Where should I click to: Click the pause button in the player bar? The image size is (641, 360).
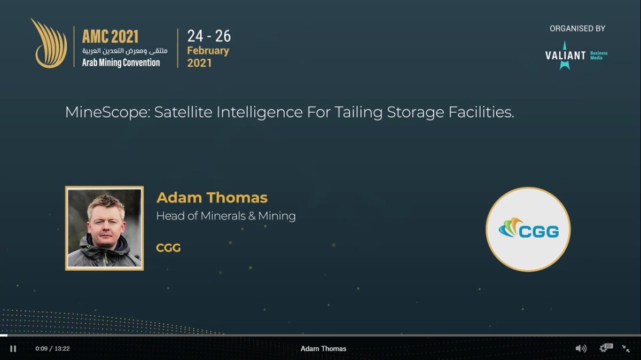(x=13, y=349)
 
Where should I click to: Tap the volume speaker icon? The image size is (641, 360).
(x=581, y=348)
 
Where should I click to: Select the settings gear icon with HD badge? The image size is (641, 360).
(x=606, y=348)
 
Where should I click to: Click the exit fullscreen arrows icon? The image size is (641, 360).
(x=626, y=348)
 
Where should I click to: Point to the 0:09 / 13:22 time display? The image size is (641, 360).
(x=52, y=349)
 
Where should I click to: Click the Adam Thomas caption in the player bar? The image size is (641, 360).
(x=323, y=349)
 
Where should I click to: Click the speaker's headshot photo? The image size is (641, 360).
(x=105, y=228)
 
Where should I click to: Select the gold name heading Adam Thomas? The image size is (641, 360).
(x=212, y=198)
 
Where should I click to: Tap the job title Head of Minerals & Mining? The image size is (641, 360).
(x=225, y=216)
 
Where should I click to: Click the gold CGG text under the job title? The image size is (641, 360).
(x=168, y=248)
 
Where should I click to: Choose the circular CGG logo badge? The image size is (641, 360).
(x=528, y=229)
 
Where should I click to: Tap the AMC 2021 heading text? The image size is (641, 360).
(x=110, y=36)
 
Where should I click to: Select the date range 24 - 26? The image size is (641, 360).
(x=209, y=36)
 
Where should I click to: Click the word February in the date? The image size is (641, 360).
(x=208, y=51)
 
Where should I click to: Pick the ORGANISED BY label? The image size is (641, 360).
(x=577, y=29)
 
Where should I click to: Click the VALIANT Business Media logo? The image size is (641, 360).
(x=576, y=56)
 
